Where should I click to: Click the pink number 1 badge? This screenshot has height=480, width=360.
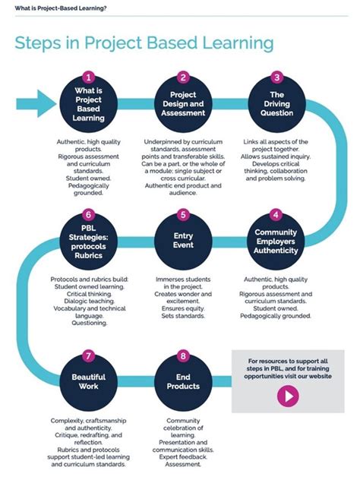tap(88, 77)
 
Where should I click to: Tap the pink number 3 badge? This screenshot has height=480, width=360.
tap(276, 77)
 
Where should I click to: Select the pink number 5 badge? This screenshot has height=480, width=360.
tap(183, 215)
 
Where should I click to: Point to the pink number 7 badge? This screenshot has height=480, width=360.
tap(88, 356)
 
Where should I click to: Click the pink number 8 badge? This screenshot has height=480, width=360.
tap(183, 356)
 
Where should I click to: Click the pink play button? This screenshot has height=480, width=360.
tap(288, 396)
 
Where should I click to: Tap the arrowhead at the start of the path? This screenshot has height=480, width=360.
tap(46, 103)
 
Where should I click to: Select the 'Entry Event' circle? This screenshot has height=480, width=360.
tap(183, 241)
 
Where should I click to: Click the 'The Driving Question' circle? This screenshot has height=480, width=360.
tap(276, 104)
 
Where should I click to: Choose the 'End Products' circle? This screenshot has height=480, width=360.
tap(183, 382)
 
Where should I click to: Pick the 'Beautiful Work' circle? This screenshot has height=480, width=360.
tap(88, 382)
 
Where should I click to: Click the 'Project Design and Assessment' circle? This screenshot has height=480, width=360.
tap(183, 104)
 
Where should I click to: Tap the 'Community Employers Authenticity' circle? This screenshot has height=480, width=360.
tap(276, 241)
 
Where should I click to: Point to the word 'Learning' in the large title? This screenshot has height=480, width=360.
tap(238, 43)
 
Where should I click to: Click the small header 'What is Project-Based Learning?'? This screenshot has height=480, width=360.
tap(61, 8)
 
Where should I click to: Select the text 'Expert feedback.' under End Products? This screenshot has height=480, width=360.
tap(183, 457)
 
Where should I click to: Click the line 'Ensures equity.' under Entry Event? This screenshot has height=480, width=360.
tap(183, 308)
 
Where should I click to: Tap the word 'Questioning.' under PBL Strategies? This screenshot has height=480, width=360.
tap(90, 324)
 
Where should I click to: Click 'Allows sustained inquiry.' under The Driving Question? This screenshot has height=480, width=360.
tap(276, 156)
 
